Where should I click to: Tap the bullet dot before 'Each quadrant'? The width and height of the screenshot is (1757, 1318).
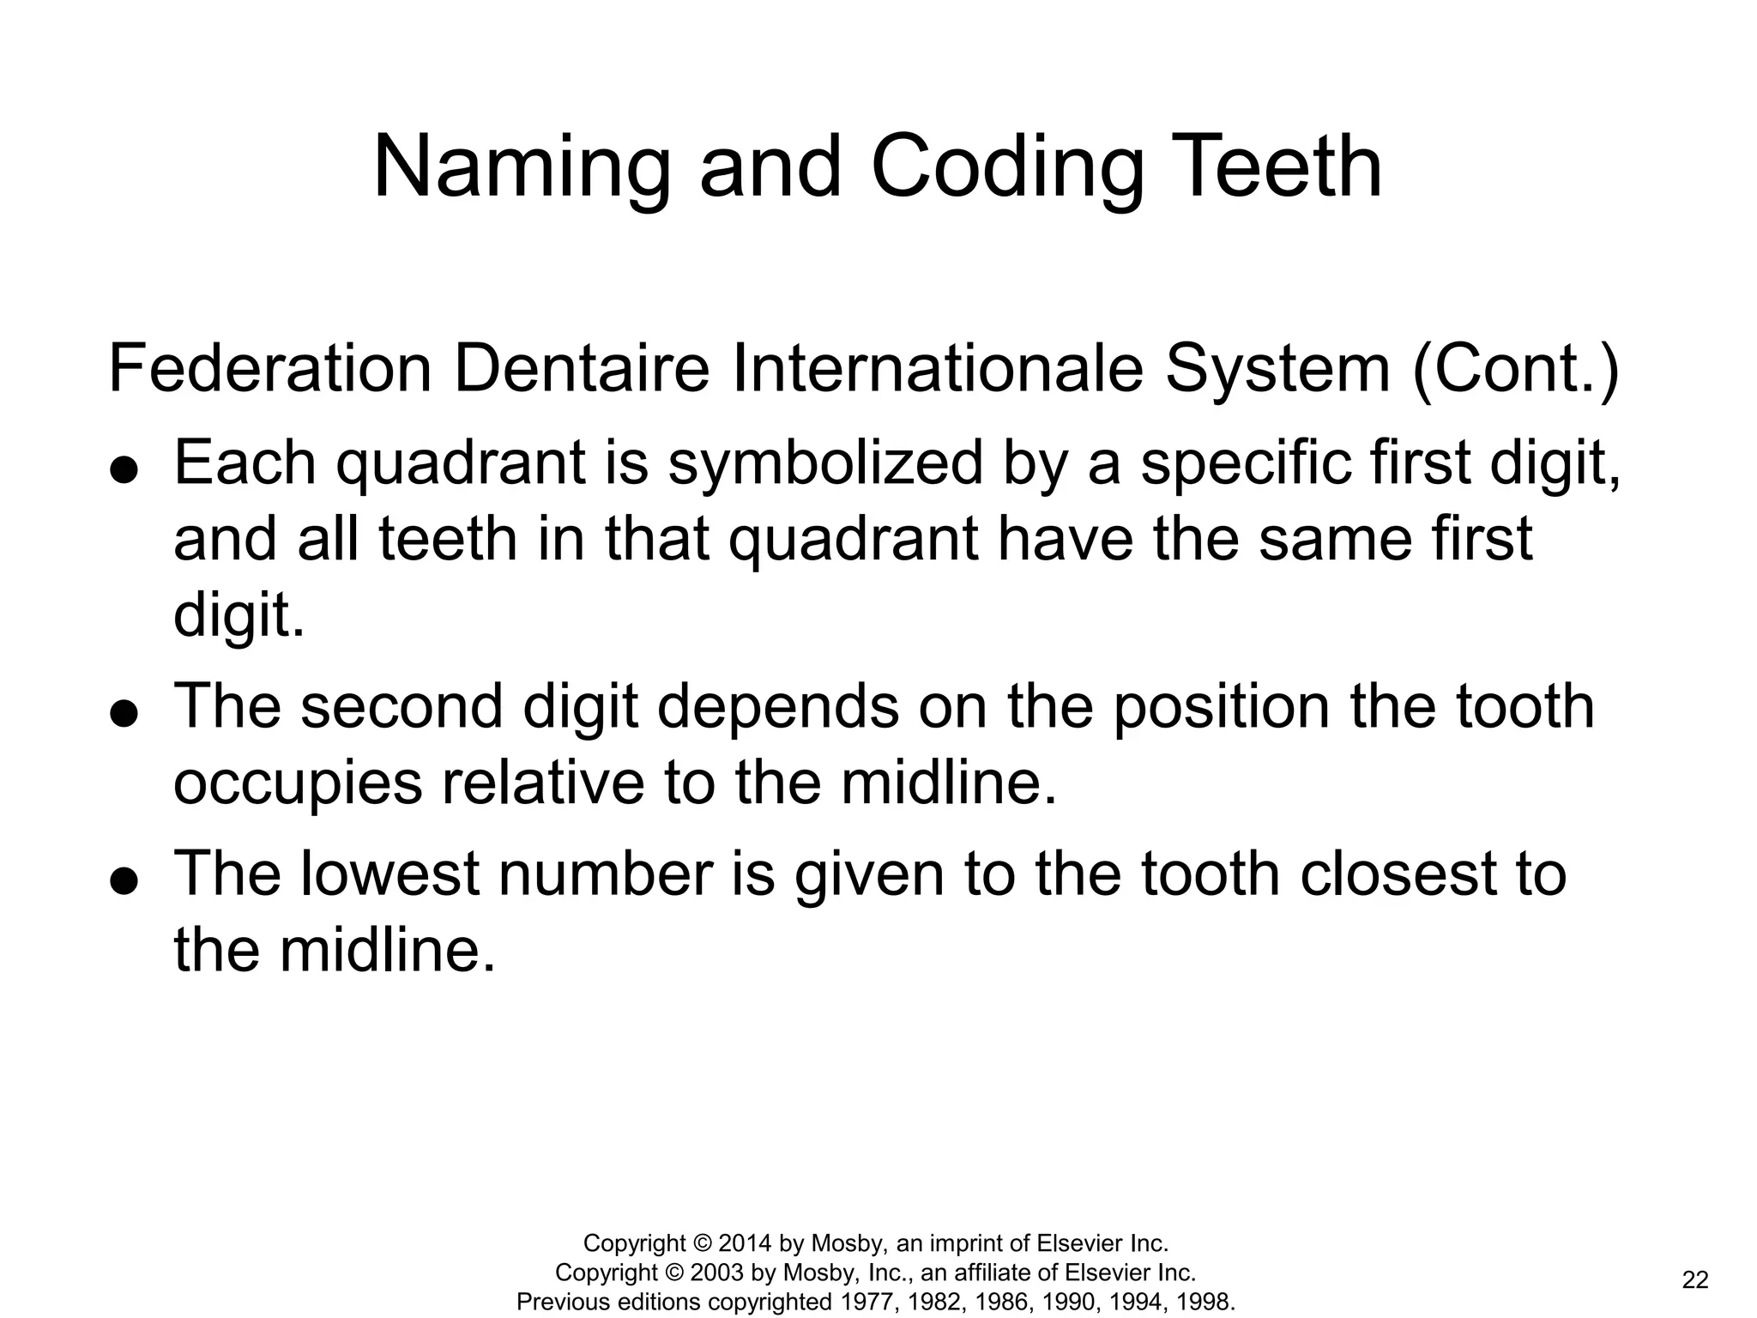tap(124, 470)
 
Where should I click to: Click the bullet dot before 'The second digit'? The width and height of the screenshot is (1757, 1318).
tap(124, 714)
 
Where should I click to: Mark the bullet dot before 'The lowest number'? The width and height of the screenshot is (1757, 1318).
tap(124, 881)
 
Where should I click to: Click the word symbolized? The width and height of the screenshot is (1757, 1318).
tap(825, 464)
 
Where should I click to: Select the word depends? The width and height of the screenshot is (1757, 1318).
tap(778, 708)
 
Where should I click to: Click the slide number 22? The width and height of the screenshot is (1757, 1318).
tap(1695, 1280)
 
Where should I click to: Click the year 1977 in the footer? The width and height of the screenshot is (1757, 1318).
tap(864, 1302)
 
